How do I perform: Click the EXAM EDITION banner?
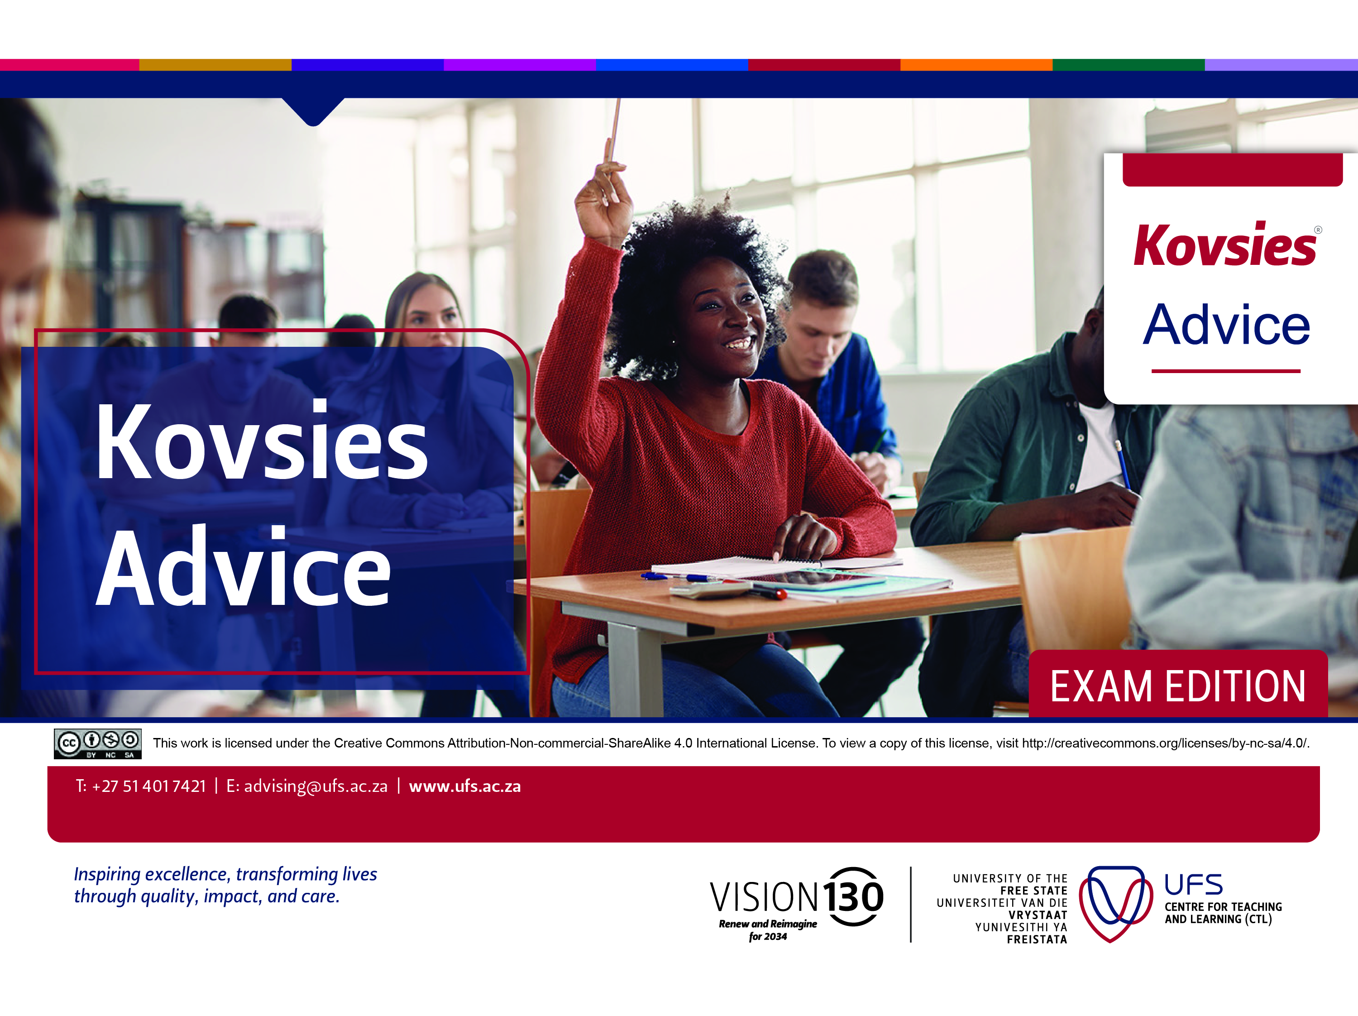[x=1177, y=686]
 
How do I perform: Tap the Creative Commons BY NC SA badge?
[x=98, y=743]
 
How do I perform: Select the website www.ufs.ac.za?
[x=465, y=786]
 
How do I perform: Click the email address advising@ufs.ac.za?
[x=316, y=786]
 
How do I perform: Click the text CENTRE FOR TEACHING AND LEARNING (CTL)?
[x=1223, y=913]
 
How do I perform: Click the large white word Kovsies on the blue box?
[x=262, y=442]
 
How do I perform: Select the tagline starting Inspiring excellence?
[x=225, y=885]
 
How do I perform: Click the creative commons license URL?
[x=1165, y=743]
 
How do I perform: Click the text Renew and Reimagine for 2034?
[x=767, y=930]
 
